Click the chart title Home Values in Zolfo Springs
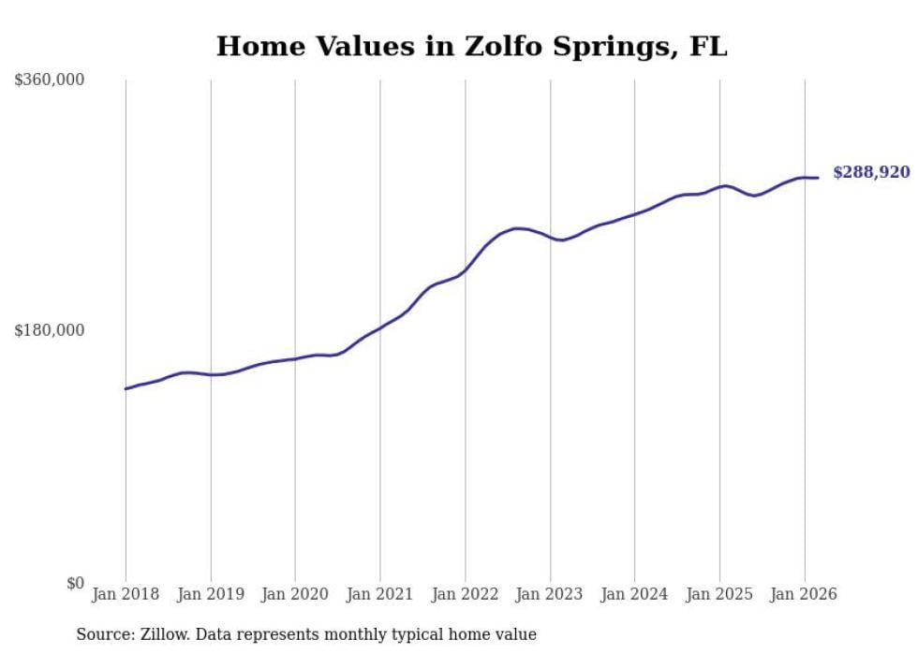[471, 46]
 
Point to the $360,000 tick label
[50, 80]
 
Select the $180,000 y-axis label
[50, 330]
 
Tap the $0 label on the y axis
[75, 583]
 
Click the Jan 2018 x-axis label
[126, 594]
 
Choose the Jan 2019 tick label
[211, 594]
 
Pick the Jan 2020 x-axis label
[295, 594]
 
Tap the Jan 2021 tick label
[380, 594]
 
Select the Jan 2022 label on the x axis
[465, 594]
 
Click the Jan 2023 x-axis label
[550, 594]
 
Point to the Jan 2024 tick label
[634, 594]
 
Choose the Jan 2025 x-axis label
[719, 594]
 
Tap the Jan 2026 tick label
[804, 594]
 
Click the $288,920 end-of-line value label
[870, 172]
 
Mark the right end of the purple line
[818, 178]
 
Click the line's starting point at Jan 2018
[126, 388]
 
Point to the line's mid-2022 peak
[518, 228]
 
